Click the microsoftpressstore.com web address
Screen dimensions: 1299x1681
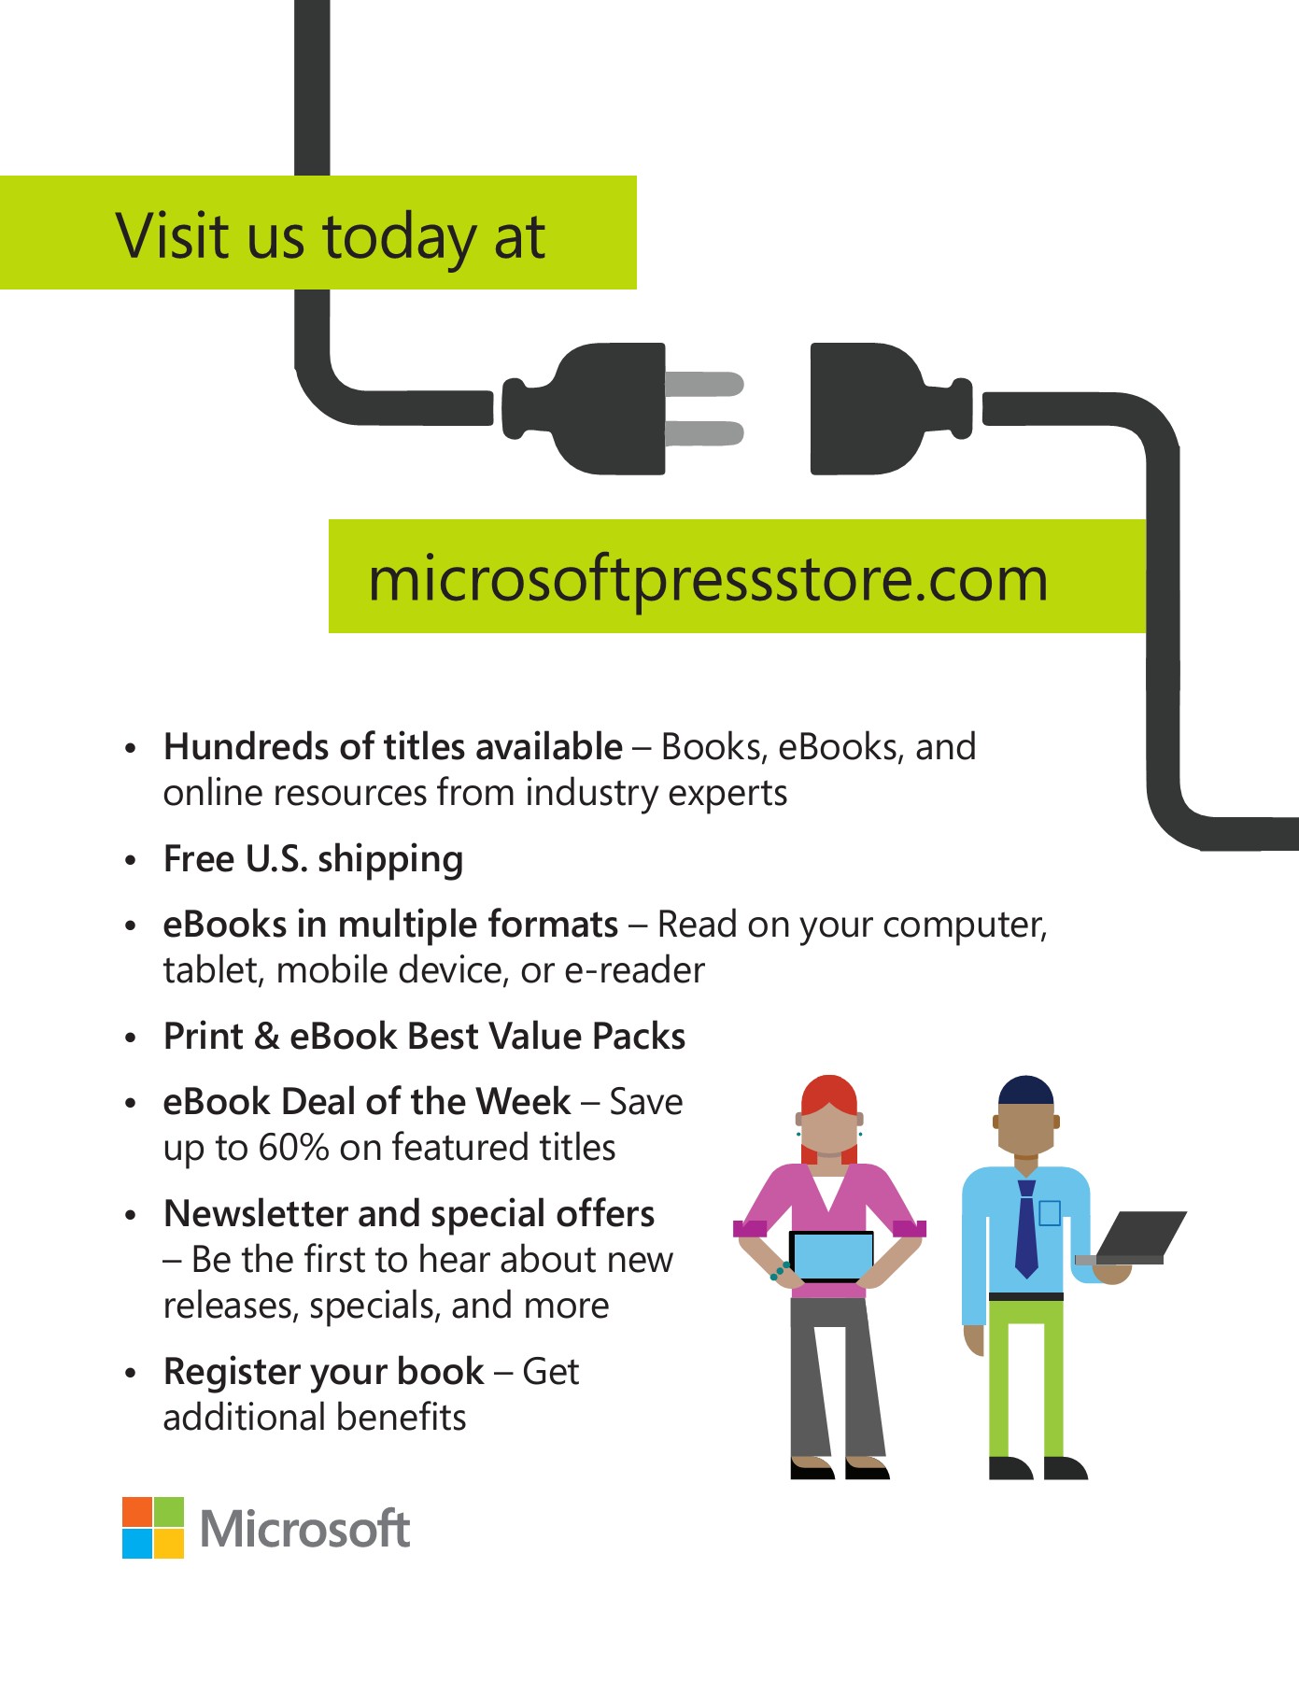[x=708, y=579]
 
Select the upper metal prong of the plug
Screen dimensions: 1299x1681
[x=704, y=384]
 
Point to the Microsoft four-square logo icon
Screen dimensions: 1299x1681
[x=153, y=1528]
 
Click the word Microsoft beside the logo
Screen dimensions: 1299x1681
[x=305, y=1530]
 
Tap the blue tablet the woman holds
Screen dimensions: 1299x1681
[x=831, y=1256]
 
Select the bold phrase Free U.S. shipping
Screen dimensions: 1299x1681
[x=313, y=859]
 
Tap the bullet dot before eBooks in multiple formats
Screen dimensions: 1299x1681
[x=131, y=926]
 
